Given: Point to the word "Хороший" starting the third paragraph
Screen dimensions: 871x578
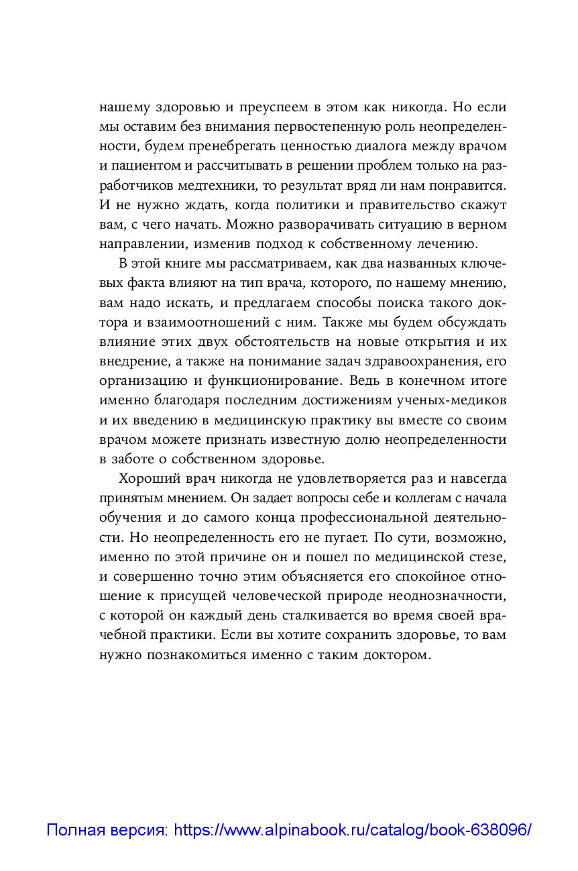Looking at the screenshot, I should [150, 479].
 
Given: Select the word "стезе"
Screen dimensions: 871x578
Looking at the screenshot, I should [488, 558].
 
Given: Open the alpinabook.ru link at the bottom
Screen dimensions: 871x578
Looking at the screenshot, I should [353, 831].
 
